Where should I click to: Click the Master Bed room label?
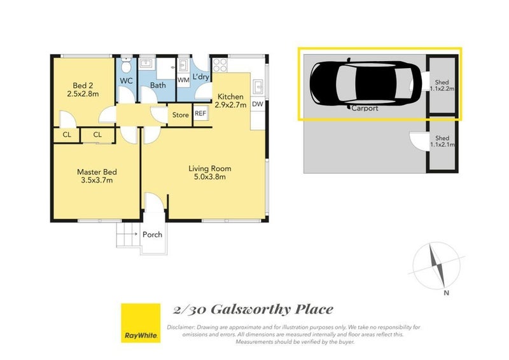tap(97, 172)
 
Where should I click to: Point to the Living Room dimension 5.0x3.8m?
tap(209, 177)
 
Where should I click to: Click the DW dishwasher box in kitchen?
tap(258, 104)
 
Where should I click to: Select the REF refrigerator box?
tap(200, 113)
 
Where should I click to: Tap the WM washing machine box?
tap(183, 80)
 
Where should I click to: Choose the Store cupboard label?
tap(180, 115)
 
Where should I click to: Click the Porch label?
tap(152, 234)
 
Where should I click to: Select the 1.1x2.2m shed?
tap(442, 85)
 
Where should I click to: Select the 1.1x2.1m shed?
tap(442, 142)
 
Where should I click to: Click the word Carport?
tap(365, 108)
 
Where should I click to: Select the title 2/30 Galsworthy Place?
tap(253, 310)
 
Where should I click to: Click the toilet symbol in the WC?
tap(126, 66)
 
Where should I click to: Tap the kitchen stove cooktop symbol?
tap(220, 65)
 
